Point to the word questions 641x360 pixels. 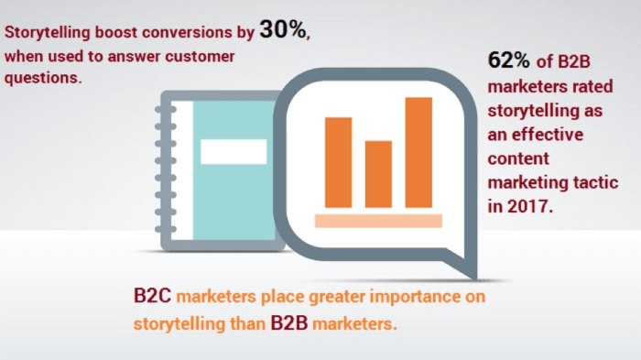(43, 78)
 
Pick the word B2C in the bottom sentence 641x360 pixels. (151, 298)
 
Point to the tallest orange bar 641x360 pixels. (418, 151)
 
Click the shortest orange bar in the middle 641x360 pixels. (378, 174)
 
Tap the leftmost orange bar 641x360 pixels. (338, 162)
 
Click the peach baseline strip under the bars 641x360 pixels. (378, 220)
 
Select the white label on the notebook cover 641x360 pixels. (234, 151)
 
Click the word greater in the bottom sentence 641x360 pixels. (320, 298)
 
